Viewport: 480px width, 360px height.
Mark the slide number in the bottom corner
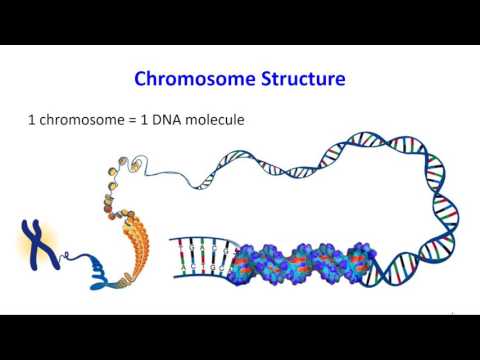tap(452, 313)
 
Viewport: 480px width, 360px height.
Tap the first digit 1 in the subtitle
tap(31, 120)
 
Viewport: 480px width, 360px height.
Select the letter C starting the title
tap(141, 78)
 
